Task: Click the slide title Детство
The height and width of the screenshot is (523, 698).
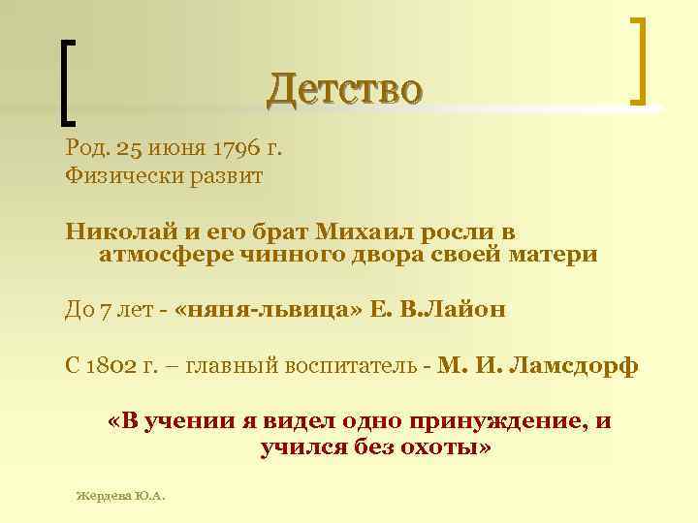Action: coord(345,90)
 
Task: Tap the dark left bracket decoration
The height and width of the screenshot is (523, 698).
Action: coord(69,81)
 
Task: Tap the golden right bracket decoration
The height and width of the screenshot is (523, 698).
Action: coord(638,60)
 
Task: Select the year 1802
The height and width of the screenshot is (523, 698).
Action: coord(120,367)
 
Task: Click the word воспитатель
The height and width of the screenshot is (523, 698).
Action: coord(345,367)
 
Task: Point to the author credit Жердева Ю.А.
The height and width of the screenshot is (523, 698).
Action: coord(121,496)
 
